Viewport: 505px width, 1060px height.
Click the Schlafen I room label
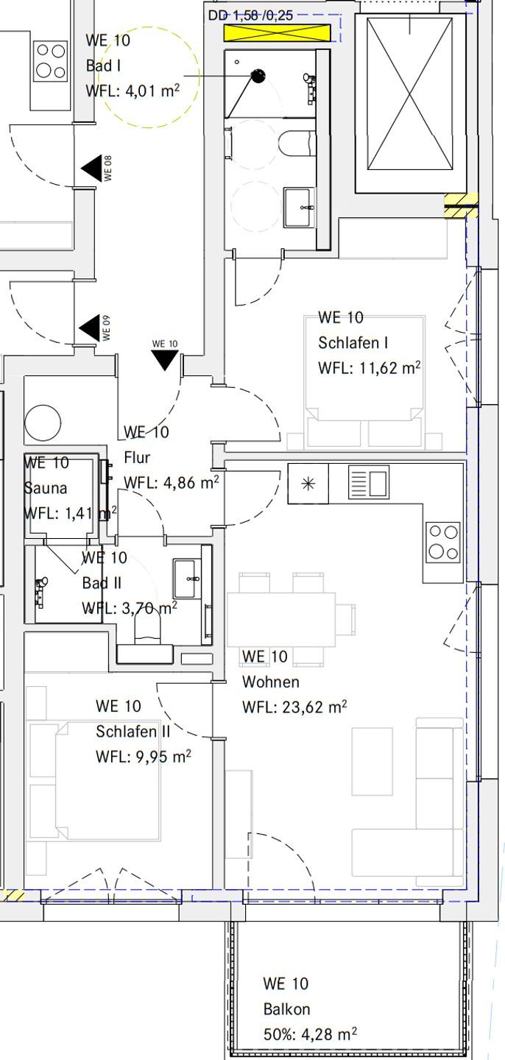point(353,342)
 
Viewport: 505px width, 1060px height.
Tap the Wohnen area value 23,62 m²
point(314,707)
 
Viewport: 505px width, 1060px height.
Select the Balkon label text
point(287,1008)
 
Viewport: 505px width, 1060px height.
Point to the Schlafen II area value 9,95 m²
point(163,756)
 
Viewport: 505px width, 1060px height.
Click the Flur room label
point(137,457)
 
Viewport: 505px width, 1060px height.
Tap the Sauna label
point(46,488)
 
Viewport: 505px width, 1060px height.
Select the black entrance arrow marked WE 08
point(92,168)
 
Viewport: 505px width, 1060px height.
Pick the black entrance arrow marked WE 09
point(90,328)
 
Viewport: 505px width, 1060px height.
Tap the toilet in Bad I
point(297,144)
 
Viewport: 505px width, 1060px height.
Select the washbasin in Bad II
point(187,579)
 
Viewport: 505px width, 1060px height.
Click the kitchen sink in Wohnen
point(369,481)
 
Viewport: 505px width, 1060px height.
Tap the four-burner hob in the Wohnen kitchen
point(443,542)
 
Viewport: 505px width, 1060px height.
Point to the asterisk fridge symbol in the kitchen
point(308,483)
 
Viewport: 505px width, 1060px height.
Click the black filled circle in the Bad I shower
point(258,76)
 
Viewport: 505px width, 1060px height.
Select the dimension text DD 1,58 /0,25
point(251,15)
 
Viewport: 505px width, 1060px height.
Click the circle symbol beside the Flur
point(43,422)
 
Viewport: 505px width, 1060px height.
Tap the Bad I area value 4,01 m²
point(152,91)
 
